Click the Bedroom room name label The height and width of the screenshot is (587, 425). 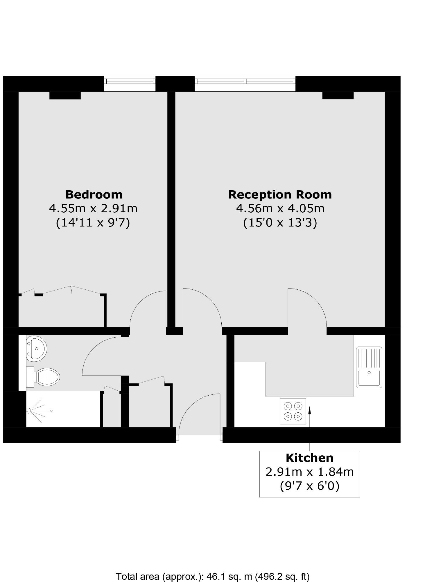pyautogui.click(x=94, y=194)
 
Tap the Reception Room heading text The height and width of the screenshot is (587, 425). pyautogui.click(x=279, y=194)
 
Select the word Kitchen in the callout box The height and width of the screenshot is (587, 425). pyautogui.click(x=309, y=458)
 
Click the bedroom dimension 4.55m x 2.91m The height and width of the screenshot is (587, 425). pyautogui.click(x=93, y=208)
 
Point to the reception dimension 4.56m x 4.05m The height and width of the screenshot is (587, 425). pyautogui.click(x=280, y=208)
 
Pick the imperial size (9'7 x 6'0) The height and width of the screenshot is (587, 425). pyautogui.click(x=309, y=485)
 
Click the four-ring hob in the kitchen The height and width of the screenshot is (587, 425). pyautogui.click(x=293, y=411)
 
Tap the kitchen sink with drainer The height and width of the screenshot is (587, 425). pyautogui.click(x=369, y=367)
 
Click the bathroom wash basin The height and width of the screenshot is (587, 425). pyautogui.click(x=36, y=349)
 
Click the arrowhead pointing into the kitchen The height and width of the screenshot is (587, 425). pyautogui.click(x=309, y=410)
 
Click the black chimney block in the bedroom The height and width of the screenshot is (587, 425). pyautogui.click(x=65, y=95)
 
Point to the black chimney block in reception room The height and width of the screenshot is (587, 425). pyautogui.click(x=338, y=95)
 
